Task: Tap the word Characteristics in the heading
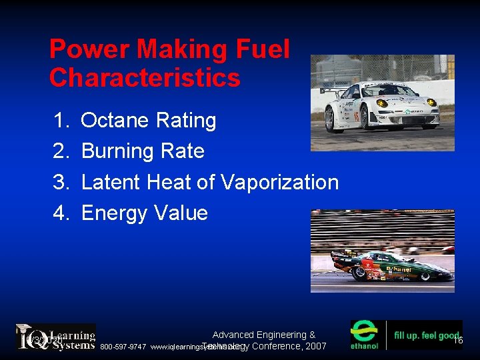[x=144, y=78]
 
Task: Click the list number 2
[x=61, y=151]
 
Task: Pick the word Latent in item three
[x=110, y=182]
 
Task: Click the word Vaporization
[x=279, y=182]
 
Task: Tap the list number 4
[x=61, y=213]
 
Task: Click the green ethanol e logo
[x=365, y=335]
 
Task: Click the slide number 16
[x=457, y=340]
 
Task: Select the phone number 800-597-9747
[x=123, y=347]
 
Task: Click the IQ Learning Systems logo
[x=56, y=337]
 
